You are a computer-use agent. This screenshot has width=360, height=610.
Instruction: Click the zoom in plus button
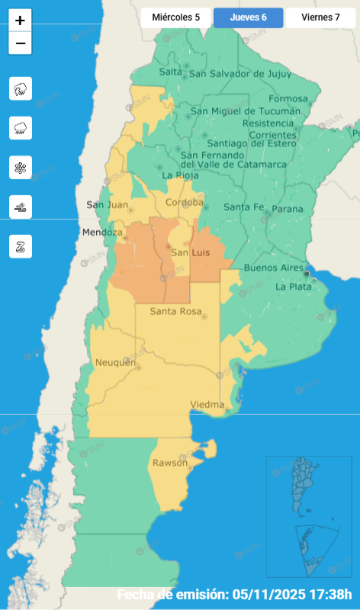(x=20, y=21)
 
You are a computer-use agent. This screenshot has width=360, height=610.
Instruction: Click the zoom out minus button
(x=20, y=43)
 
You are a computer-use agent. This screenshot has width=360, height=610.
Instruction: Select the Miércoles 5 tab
(x=175, y=17)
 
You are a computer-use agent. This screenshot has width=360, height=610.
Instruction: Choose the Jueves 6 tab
(x=248, y=17)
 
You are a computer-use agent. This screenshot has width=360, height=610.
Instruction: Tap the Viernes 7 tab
(x=320, y=17)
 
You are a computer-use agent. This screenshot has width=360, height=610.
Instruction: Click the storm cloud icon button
(x=20, y=88)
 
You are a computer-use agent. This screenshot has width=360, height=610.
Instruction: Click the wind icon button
(x=20, y=207)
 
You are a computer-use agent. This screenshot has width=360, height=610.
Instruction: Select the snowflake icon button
(x=20, y=167)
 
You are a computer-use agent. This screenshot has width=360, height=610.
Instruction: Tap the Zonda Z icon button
(x=20, y=246)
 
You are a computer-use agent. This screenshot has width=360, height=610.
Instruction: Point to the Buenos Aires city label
(x=273, y=268)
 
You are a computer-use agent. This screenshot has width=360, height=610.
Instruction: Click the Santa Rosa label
(x=175, y=311)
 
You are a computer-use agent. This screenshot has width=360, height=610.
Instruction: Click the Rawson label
(x=169, y=463)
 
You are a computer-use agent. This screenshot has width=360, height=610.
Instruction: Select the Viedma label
(x=207, y=404)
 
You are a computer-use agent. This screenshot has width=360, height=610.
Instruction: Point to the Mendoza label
(x=103, y=232)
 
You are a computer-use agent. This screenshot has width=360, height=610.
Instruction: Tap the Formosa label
(x=289, y=98)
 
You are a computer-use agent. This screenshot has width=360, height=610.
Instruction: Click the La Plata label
(x=293, y=287)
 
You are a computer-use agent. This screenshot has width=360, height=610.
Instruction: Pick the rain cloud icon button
(x=20, y=127)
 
